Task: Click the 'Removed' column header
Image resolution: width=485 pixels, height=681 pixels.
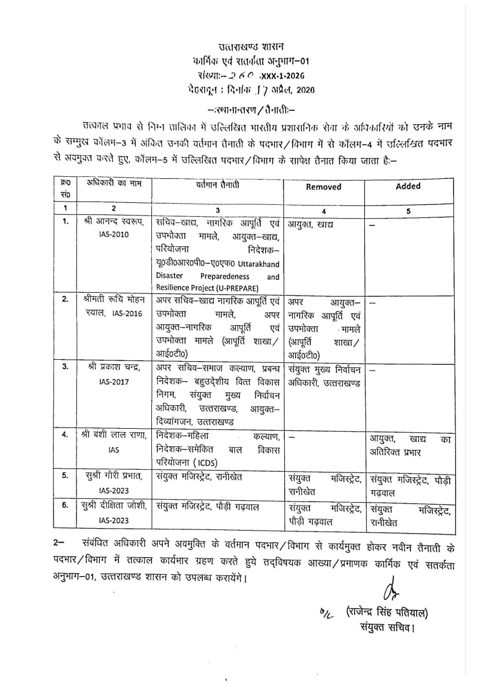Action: [x=323, y=187]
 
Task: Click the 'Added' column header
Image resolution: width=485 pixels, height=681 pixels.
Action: [x=408, y=186]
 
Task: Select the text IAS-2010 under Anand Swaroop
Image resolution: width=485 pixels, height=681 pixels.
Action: [x=113, y=234]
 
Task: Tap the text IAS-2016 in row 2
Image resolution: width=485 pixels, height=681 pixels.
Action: [x=127, y=313]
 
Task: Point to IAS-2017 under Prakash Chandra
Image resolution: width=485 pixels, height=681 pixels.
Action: [x=113, y=382]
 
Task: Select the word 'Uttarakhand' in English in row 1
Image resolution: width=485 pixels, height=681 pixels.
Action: [x=258, y=264]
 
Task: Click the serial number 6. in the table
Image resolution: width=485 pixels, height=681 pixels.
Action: [x=65, y=505]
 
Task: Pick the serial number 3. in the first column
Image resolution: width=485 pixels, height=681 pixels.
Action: [x=65, y=367]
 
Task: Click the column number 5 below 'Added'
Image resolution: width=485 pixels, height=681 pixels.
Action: [x=408, y=211]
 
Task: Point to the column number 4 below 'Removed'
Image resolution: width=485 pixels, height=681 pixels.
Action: [x=324, y=211]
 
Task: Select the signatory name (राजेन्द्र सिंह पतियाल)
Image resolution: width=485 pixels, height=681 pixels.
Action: [x=387, y=612]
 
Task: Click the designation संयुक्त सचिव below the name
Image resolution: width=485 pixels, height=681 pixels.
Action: [x=387, y=627]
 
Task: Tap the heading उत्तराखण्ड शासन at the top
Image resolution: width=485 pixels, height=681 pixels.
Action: [x=251, y=47]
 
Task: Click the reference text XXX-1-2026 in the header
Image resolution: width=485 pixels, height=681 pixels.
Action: [x=282, y=76]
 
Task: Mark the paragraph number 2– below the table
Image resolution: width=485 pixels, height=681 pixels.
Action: [x=58, y=543]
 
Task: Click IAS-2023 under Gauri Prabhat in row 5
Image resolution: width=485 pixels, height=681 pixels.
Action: [x=113, y=491]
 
